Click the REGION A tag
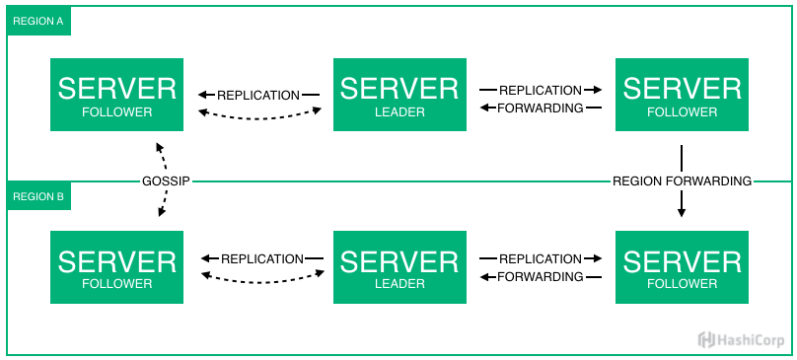pos(38,22)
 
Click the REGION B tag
pos(38,196)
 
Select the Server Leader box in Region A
pos(399,95)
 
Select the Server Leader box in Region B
pos(399,267)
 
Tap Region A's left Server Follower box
pos(117,95)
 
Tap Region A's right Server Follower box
pos(682,95)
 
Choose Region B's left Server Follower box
pos(117,267)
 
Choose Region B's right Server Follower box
pos(682,267)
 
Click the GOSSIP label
pos(166,181)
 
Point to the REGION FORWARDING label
pos(683,181)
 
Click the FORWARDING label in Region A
pos(541,108)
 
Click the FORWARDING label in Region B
pos(541,277)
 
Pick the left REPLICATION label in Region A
pos(258,95)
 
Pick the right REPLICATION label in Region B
pos(541,258)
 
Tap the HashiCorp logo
pos(741,339)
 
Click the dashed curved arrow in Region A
pos(259,118)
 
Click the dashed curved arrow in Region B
pos(262,282)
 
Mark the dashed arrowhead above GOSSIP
pos(159,148)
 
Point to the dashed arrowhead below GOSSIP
pos(161,211)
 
